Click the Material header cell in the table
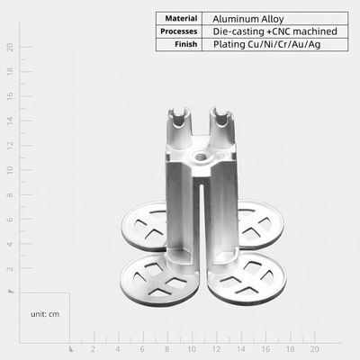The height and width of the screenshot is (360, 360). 181,19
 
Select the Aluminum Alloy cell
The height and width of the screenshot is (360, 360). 248,19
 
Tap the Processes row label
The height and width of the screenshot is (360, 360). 179,31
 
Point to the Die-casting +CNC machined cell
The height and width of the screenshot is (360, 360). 275,31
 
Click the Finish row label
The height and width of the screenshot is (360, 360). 186,44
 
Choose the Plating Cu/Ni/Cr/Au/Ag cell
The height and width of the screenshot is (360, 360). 267,45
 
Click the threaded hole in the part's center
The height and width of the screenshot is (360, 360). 200,157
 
